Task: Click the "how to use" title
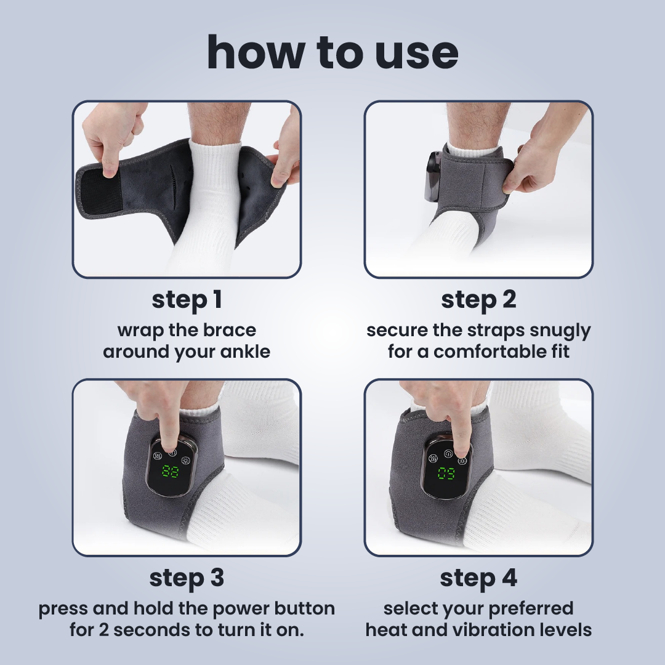(332, 52)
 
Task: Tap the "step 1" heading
(187, 300)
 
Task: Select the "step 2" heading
(478, 300)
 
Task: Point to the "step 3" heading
(187, 578)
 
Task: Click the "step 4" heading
(478, 578)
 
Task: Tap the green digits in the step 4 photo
(446, 474)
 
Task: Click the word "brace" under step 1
(231, 330)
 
